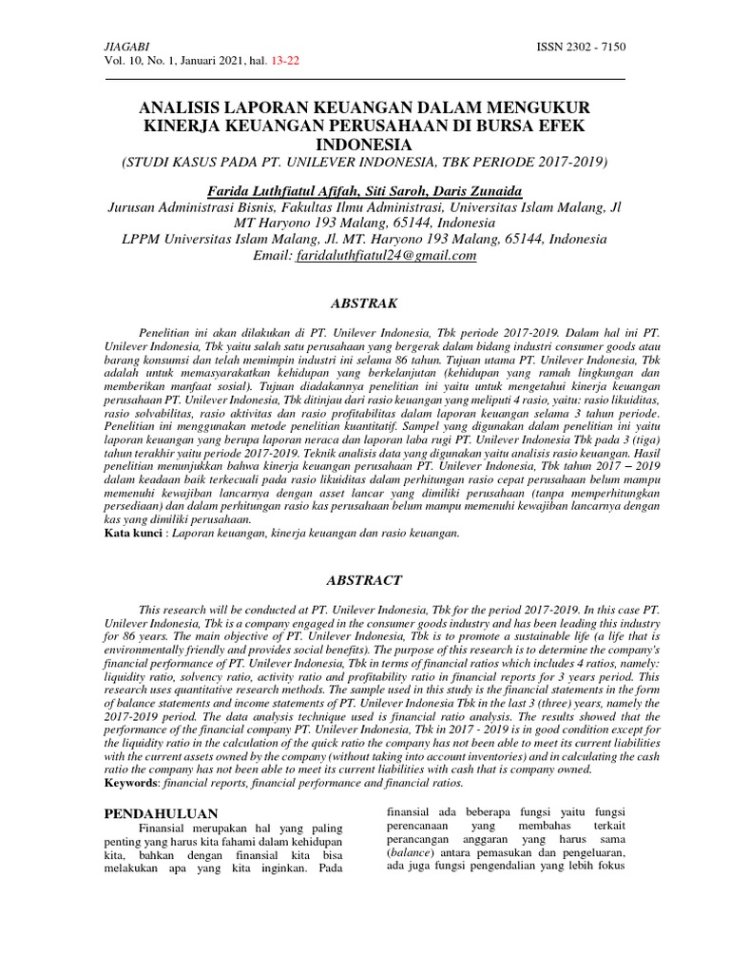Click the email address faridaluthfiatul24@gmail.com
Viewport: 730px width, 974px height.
386,255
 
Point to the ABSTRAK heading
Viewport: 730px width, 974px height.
365,302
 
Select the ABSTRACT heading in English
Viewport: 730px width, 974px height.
365,579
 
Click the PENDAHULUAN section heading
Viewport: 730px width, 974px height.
161,813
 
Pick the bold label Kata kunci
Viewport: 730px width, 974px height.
131,534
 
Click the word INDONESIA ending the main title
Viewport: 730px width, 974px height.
365,144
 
